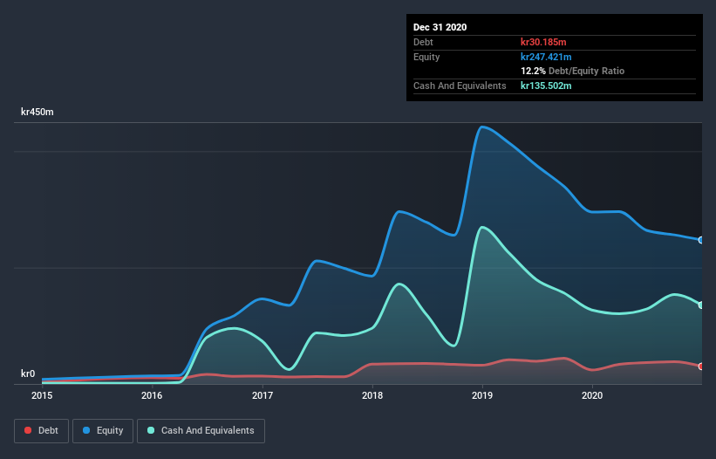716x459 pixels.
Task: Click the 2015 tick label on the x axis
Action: (x=42, y=396)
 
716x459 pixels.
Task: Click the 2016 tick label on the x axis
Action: (x=152, y=396)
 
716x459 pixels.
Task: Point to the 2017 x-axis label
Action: (x=263, y=396)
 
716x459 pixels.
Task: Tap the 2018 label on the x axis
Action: (x=372, y=396)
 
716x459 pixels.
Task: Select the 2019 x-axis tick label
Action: (x=482, y=396)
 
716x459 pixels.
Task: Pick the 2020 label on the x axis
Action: (x=592, y=396)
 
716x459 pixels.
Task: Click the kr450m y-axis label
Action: (x=38, y=113)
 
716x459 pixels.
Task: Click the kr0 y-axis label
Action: (x=28, y=373)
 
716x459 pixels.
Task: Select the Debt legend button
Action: (x=41, y=430)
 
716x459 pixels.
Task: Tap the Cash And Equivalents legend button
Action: (x=201, y=430)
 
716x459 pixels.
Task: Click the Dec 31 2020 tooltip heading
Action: (x=440, y=27)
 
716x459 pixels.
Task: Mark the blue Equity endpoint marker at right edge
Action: (x=701, y=240)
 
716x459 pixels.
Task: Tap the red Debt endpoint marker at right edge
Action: (x=701, y=367)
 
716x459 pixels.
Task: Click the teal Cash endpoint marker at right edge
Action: (x=701, y=305)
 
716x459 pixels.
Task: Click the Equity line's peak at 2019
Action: (x=481, y=127)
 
